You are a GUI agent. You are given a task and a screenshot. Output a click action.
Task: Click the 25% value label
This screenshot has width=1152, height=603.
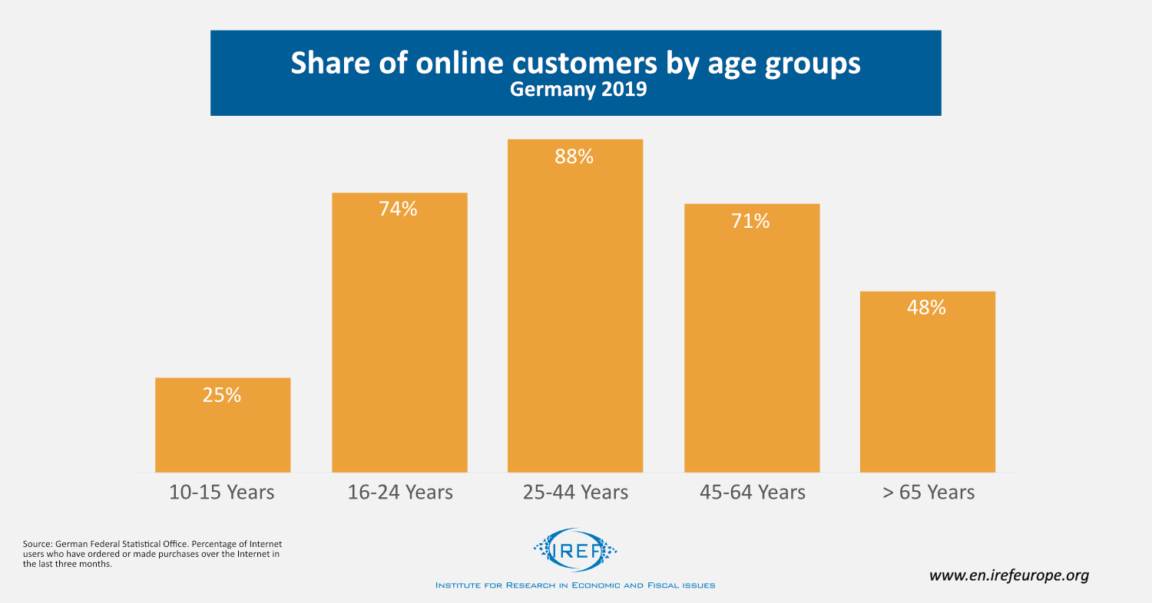(223, 396)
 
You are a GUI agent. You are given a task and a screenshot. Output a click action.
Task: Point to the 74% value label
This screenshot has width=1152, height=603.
(398, 209)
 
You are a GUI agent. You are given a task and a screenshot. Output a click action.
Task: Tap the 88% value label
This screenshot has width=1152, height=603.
(575, 157)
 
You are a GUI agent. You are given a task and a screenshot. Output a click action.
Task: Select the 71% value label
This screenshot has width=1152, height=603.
(750, 222)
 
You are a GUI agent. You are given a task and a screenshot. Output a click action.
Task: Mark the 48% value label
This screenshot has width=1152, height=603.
(927, 308)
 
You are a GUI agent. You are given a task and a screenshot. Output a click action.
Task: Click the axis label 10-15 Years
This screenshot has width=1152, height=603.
(222, 492)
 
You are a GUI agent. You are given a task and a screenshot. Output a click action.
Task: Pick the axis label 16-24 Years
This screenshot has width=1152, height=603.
(400, 492)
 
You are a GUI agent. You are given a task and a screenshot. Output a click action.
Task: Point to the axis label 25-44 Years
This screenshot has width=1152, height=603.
(575, 492)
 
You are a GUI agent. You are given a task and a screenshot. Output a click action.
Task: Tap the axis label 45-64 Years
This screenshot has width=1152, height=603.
(752, 492)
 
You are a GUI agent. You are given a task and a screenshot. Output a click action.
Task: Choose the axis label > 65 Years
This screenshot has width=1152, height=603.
(928, 492)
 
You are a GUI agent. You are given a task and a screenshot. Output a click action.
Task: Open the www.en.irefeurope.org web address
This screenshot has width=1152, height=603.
(1009, 575)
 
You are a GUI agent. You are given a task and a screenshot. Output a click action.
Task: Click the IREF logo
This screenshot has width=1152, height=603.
(574, 549)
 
